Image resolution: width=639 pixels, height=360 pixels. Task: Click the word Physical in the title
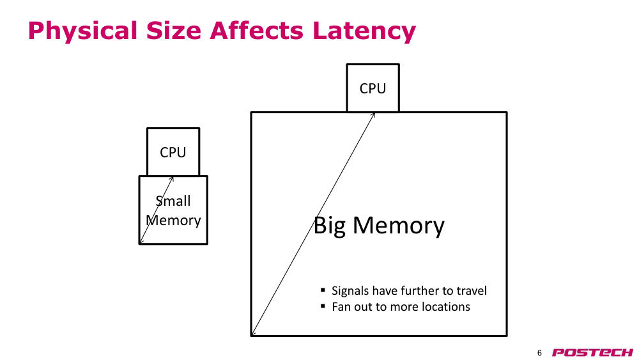tap(82, 31)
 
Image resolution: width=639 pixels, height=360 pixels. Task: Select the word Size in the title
tap(174, 31)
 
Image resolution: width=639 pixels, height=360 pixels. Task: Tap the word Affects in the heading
tap(257, 31)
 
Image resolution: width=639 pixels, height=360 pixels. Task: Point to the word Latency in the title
tap(364, 31)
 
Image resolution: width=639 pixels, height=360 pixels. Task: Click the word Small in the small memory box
tap(173, 201)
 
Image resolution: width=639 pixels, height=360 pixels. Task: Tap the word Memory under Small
tap(173, 221)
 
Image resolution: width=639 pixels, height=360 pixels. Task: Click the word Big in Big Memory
tap(330, 226)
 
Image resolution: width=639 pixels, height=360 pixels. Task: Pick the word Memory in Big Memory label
tap(399, 226)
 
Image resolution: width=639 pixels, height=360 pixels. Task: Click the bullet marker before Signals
tap(323, 290)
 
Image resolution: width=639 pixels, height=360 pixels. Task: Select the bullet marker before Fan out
tap(323, 306)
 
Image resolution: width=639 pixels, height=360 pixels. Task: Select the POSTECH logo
tap(592, 353)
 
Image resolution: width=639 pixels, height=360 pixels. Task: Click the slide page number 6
tap(539, 353)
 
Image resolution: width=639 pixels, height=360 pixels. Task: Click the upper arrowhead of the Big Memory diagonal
tap(373, 114)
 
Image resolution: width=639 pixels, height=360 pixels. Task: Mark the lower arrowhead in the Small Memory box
tap(141, 242)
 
